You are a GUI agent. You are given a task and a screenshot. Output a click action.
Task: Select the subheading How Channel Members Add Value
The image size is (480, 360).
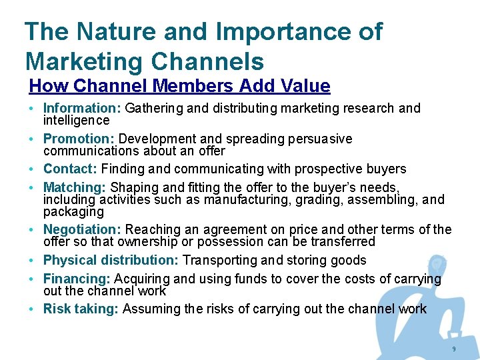[x=179, y=86]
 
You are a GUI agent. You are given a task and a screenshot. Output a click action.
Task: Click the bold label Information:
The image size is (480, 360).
[x=82, y=108]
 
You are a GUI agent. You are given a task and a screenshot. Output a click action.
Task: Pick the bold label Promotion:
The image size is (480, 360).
[x=79, y=139]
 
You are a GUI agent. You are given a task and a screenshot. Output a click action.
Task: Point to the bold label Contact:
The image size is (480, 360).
[x=71, y=169]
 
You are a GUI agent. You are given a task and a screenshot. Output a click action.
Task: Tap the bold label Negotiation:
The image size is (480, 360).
[x=83, y=230]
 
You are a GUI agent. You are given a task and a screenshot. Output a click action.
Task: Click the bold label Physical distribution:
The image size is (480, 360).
[x=111, y=260]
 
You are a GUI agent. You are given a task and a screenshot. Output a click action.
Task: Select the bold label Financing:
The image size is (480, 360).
[x=77, y=279]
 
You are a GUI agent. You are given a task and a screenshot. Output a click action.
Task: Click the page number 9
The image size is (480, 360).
[x=454, y=349]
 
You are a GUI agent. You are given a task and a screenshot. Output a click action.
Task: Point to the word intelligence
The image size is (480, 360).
[x=76, y=121]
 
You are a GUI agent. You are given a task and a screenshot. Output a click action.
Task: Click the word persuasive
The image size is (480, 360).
[x=319, y=139]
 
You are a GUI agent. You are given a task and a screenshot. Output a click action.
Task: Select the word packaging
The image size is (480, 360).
[x=73, y=212]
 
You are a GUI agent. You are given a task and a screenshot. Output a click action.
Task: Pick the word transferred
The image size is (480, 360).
[x=342, y=242]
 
